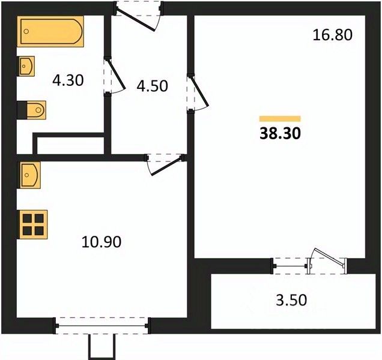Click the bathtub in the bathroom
tap(50, 31)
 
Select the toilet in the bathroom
tap(32, 110)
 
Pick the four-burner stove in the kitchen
tap(32, 224)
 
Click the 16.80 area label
tap(332, 35)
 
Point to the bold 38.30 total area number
tap(280, 133)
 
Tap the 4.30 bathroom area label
tap(68, 80)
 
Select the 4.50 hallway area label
tap(153, 86)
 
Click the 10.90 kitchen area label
tap(102, 242)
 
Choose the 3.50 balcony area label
tap(291, 300)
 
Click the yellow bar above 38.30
tap(280, 119)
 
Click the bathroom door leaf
tap(116, 74)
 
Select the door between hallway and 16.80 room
tap(199, 92)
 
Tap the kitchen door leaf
tap(167, 166)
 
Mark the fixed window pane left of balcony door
tap(290, 266)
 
